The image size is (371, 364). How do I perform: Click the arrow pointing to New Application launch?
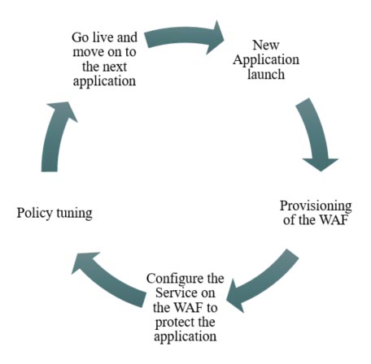coord(181,37)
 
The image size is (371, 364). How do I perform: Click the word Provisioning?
coord(316,206)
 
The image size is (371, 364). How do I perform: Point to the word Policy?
coord(35,213)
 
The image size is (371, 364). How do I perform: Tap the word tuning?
coord(74,214)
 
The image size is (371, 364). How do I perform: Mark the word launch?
coord(266,74)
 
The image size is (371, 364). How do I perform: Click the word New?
coord(266,45)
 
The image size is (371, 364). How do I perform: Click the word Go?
coord(81,37)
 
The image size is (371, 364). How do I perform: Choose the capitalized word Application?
coord(266,60)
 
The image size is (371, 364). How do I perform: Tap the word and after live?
coord(127,37)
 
